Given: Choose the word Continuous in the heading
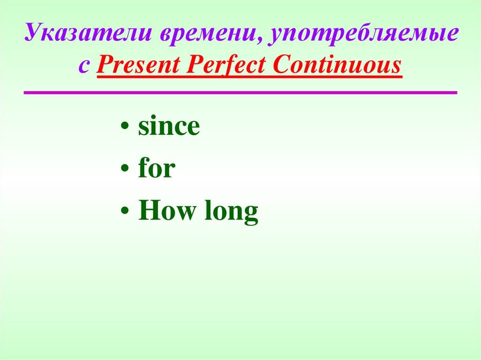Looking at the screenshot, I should pyautogui.click(x=337, y=65).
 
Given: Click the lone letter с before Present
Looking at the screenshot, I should pyautogui.click(x=84, y=66).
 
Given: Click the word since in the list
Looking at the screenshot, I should pyautogui.click(x=169, y=127).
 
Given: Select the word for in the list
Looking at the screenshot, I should pyautogui.click(x=156, y=169).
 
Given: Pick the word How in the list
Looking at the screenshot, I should pyautogui.click(x=166, y=212).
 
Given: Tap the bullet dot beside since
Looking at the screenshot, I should pyautogui.click(x=124, y=129).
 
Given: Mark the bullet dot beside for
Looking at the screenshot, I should pyautogui.click(x=124, y=171).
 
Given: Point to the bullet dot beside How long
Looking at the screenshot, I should pyautogui.click(x=124, y=213).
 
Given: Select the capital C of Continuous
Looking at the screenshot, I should pyautogui.click(x=281, y=65).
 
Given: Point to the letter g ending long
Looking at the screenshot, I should pyautogui.click(x=251, y=214).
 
